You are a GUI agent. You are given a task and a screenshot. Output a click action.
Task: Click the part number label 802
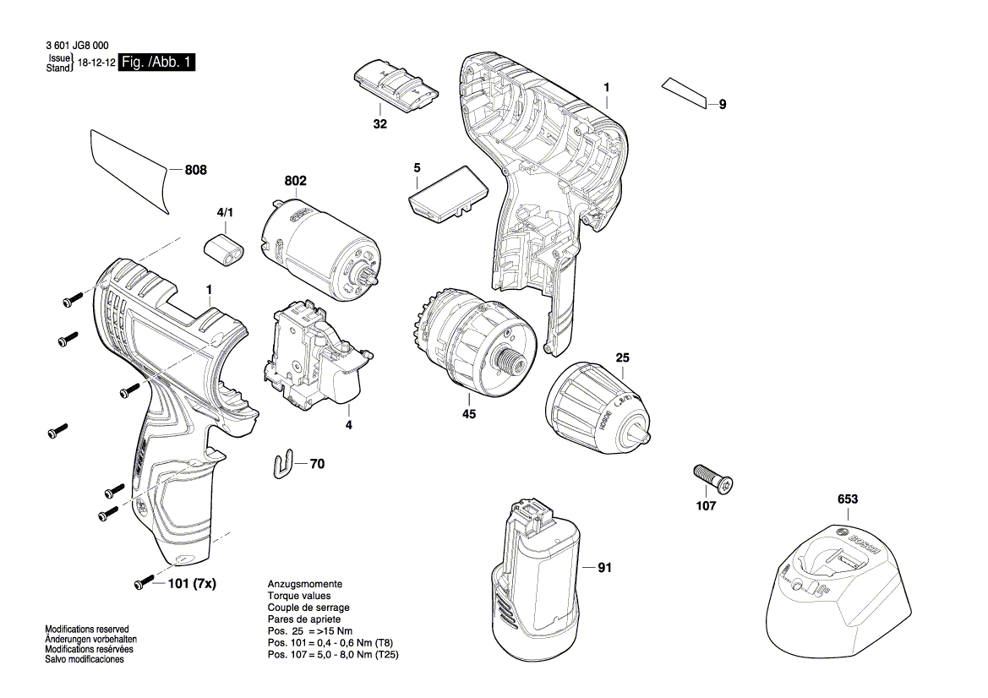tap(295, 181)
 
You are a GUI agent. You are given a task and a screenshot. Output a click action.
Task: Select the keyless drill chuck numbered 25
tap(597, 410)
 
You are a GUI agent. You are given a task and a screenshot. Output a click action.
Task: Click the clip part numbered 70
tap(288, 463)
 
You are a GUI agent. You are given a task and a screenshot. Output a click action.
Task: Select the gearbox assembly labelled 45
tap(473, 341)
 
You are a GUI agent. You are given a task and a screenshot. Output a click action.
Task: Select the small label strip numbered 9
tap(685, 93)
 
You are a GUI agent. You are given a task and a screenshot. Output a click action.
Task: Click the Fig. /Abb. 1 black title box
tap(156, 63)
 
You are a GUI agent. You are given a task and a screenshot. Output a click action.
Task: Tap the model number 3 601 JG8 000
tap(76, 46)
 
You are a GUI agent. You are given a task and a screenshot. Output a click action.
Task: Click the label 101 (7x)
tap(192, 583)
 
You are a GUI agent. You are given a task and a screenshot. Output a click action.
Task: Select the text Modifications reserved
tap(87, 630)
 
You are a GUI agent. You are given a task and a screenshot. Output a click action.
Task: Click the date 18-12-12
tap(96, 63)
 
